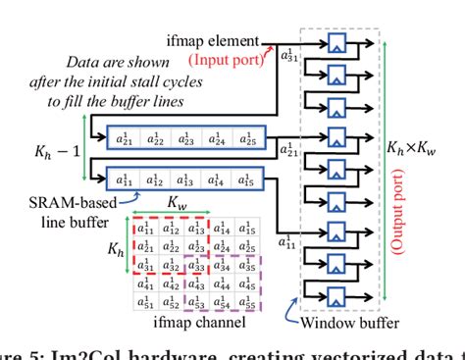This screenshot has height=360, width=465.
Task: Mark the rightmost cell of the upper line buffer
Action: click(x=245, y=139)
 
